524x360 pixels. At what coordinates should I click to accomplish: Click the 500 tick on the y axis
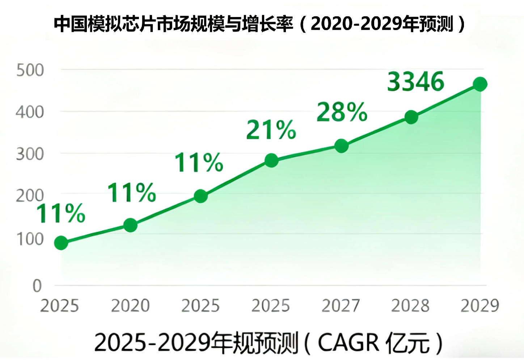[30, 70]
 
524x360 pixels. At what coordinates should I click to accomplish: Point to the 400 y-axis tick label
[30, 112]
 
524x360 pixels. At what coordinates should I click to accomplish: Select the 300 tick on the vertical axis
[30, 154]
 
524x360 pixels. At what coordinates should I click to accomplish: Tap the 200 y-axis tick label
[30, 196]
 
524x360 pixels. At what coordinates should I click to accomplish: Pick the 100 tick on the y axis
[30, 239]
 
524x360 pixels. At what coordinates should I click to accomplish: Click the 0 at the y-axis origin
[37, 286]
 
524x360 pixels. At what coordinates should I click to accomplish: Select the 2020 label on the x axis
[130, 306]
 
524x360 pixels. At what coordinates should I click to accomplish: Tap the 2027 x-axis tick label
[341, 306]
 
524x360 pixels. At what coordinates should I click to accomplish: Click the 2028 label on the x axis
[410, 306]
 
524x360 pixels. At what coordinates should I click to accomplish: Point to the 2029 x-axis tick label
[480, 306]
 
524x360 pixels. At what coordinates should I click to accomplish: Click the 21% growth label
[271, 130]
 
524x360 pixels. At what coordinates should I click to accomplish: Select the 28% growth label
[342, 112]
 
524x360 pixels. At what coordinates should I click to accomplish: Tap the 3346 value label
[415, 81]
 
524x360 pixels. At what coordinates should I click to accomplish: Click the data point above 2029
[480, 84]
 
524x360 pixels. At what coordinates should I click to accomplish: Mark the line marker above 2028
[411, 117]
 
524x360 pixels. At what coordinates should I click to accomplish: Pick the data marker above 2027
[341, 146]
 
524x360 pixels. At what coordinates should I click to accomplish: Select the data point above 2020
[130, 225]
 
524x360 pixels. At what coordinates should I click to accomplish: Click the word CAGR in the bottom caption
[348, 343]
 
